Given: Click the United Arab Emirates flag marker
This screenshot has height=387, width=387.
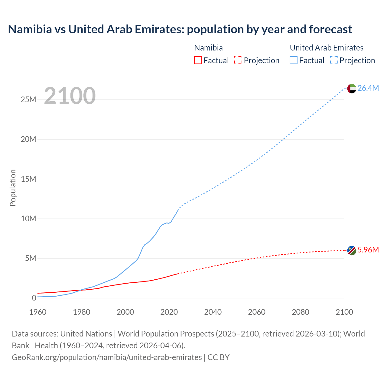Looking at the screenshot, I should tap(352, 89).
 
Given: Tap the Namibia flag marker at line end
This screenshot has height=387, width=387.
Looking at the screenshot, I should tap(352, 250).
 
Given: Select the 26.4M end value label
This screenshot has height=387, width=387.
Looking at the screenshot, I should tap(368, 88).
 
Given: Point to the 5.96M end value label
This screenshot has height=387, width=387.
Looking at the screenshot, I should tap(368, 250).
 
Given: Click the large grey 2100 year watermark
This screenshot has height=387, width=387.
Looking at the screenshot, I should tap(70, 96).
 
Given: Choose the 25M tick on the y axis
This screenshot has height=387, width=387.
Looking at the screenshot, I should tap(28, 99).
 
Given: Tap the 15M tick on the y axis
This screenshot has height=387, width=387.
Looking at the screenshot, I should tap(28, 179).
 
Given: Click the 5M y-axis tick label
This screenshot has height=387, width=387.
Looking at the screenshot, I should tap(31, 258).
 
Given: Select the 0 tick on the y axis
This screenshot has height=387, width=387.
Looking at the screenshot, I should tap(34, 298).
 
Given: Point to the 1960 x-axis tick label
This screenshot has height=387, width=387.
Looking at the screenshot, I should tap(38, 312).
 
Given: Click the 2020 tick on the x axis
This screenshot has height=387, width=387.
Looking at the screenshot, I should tap(169, 312).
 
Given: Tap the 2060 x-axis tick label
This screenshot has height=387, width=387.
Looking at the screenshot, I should tap(257, 312).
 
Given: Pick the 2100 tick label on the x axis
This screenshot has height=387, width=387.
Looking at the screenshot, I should tap(344, 312).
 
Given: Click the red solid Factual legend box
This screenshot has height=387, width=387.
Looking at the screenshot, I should tap(198, 60).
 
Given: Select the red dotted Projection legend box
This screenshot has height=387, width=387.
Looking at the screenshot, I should tap(238, 60).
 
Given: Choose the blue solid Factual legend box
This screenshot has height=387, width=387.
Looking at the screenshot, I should tap(294, 60).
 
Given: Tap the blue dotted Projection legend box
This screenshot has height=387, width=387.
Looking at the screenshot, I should tap(334, 60).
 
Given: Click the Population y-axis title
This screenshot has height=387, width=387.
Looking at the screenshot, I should tap(13, 188).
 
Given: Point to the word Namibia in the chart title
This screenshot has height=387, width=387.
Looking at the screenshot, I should tap(30, 29).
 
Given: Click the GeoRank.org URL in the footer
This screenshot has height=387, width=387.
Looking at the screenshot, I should tap(107, 357).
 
